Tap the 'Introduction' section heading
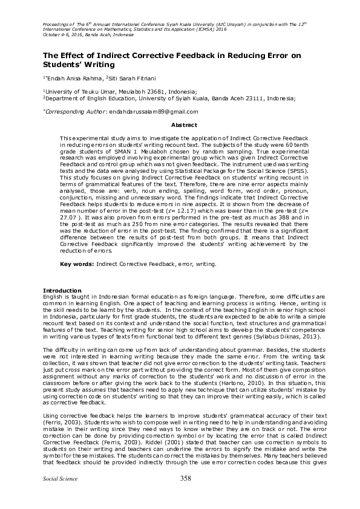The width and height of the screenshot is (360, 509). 60,290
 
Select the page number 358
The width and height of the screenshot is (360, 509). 186,496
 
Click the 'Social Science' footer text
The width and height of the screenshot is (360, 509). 57,496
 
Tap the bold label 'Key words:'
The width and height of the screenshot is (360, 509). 77,265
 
